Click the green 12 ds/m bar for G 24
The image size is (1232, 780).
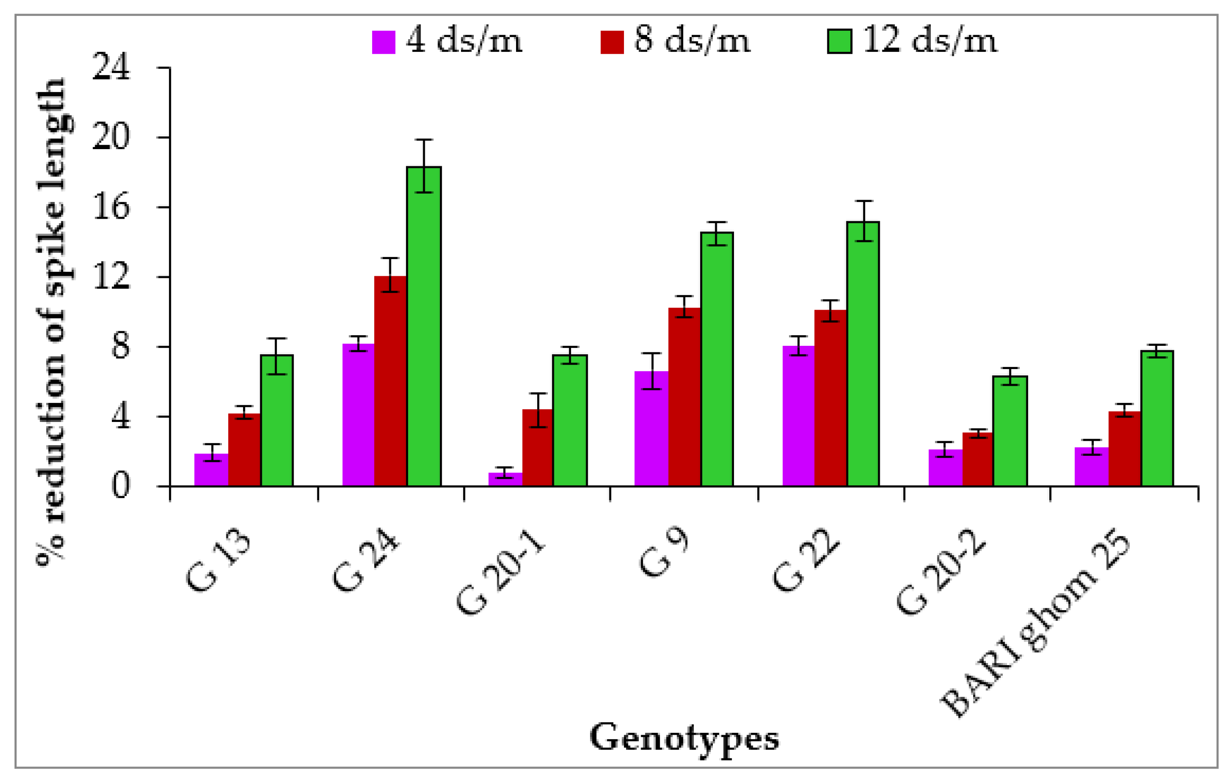(424, 327)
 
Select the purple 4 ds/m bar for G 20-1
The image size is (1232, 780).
(505, 479)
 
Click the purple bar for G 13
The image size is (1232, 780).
(211, 470)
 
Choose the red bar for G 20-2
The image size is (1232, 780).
(978, 460)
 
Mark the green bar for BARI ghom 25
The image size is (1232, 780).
(1157, 419)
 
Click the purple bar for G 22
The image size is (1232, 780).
(798, 416)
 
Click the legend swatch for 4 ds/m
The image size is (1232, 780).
(383, 42)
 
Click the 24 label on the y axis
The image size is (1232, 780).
(111, 67)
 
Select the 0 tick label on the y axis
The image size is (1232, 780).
(120, 486)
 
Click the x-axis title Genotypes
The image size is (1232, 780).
(684, 738)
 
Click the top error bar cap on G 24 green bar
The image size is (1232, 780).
(424, 139)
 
